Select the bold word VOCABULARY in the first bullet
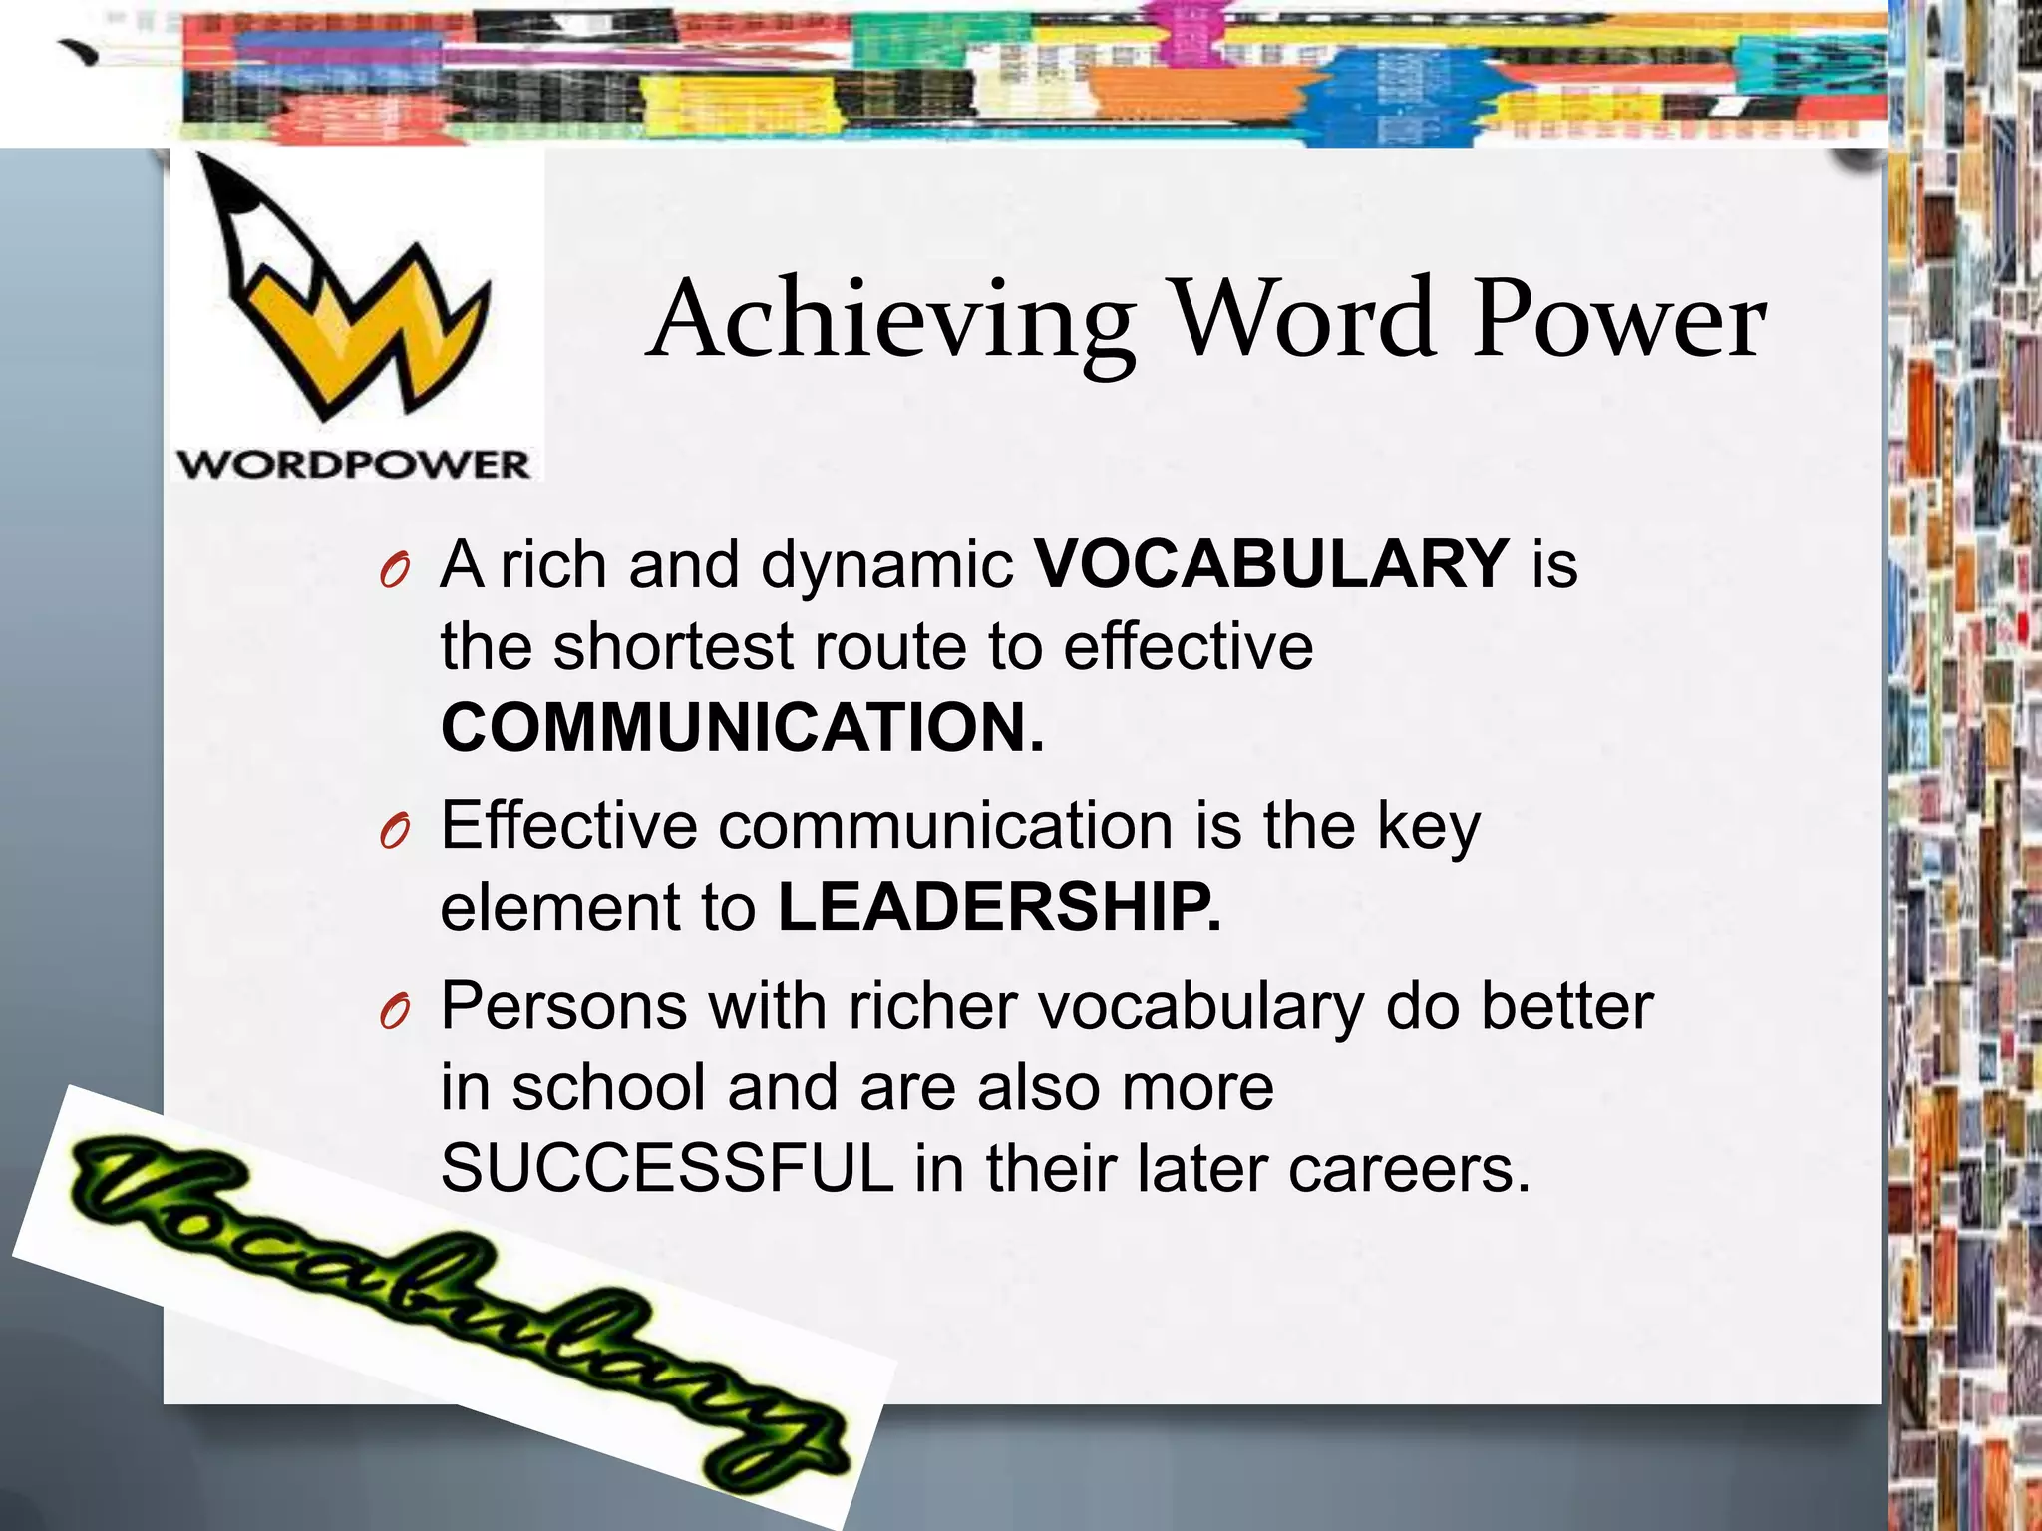point(1271,564)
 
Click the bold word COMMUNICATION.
point(743,727)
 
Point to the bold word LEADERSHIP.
point(999,907)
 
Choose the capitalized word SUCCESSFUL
point(667,1168)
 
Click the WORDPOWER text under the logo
point(354,464)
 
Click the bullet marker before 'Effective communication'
point(395,833)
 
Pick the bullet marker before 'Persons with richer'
point(395,1013)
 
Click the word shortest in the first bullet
point(673,646)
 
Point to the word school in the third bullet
point(608,1087)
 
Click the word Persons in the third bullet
point(563,1006)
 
